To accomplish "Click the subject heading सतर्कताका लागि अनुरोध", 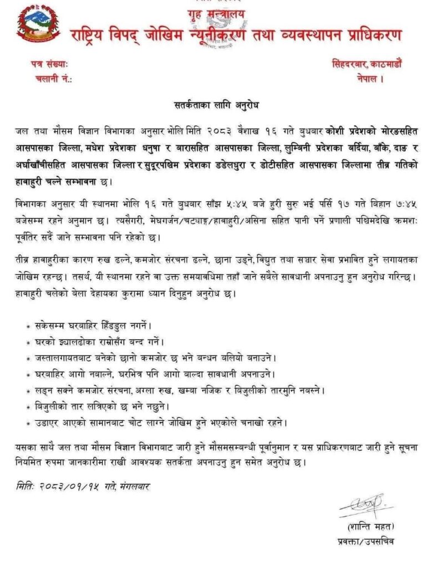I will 218,105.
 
